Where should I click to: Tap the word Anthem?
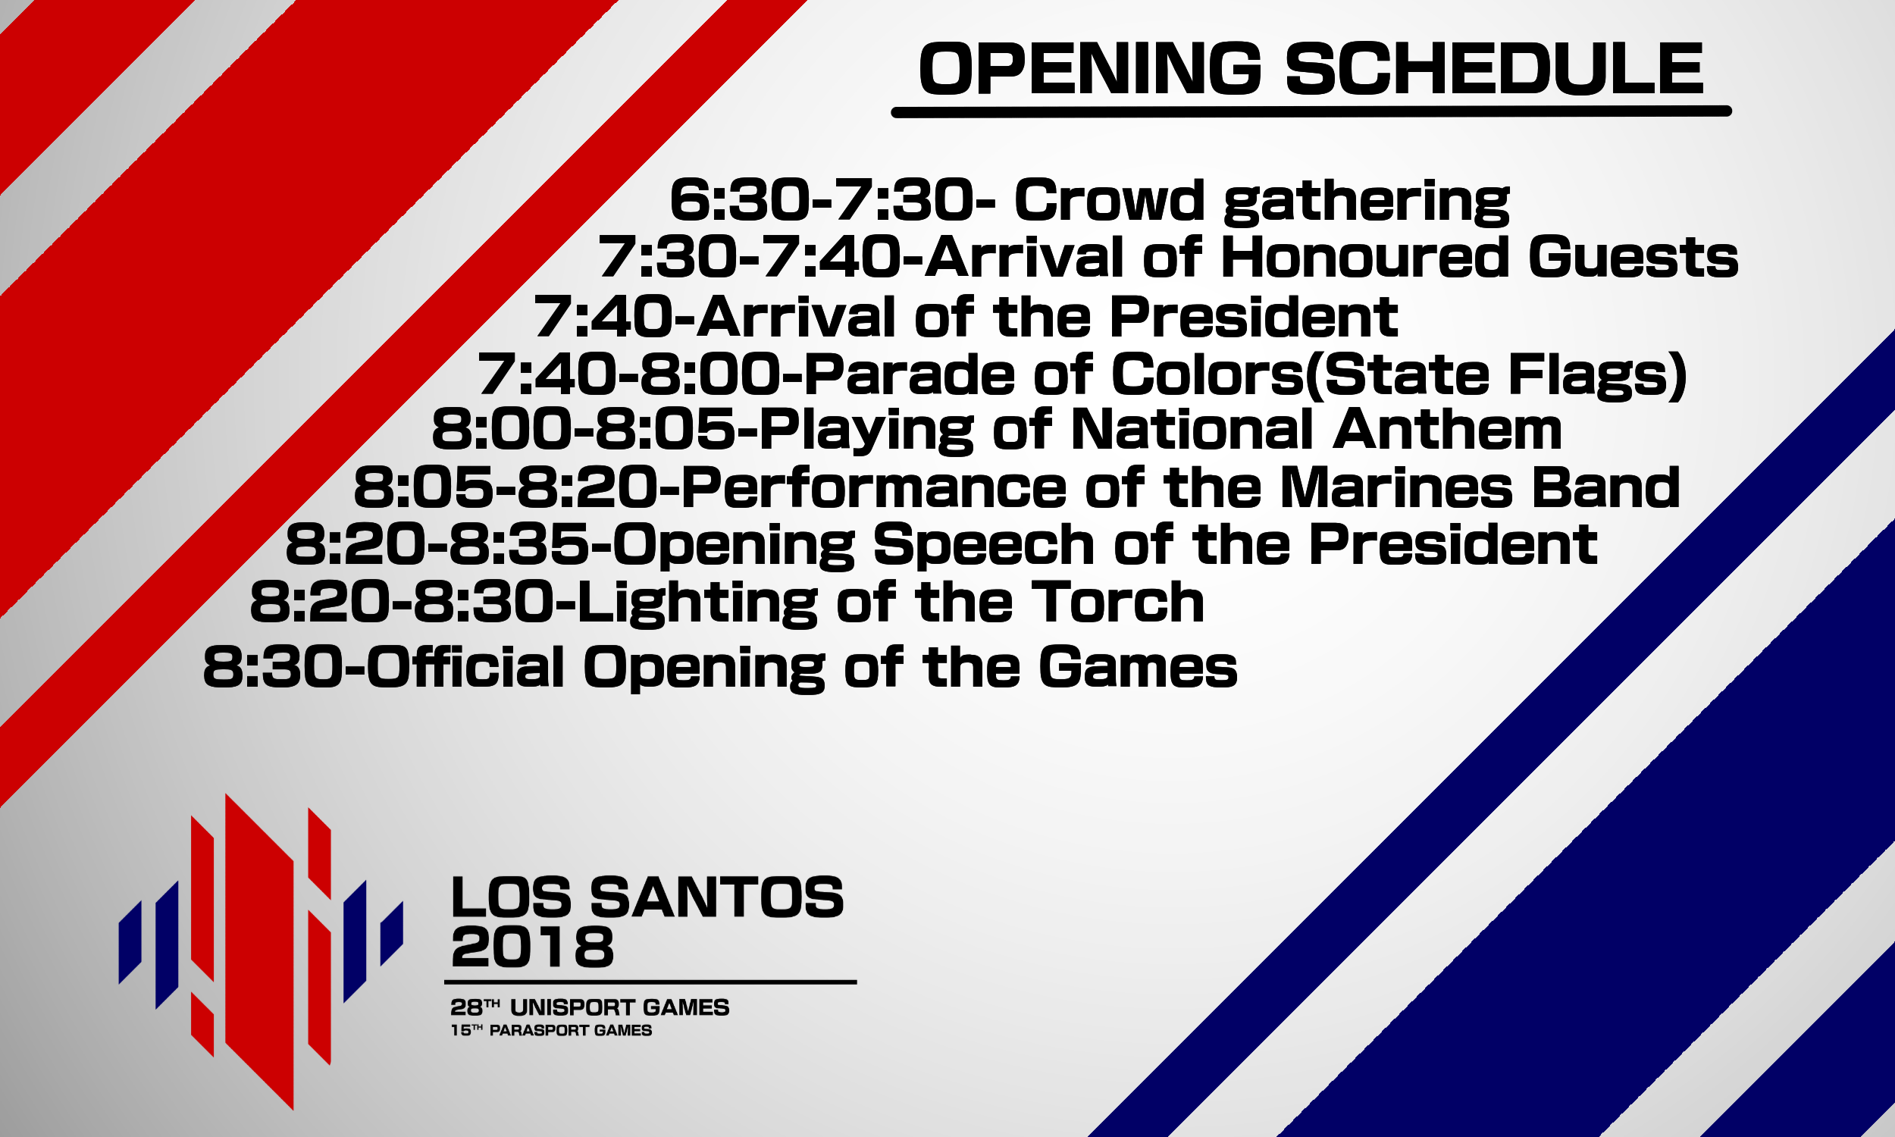(x=1447, y=429)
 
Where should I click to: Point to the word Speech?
(x=983, y=546)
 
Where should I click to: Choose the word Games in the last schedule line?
(x=1138, y=666)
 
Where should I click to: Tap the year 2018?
(x=532, y=946)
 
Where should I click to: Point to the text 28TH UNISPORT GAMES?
(x=590, y=1007)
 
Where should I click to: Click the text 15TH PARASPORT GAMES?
(x=552, y=1031)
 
